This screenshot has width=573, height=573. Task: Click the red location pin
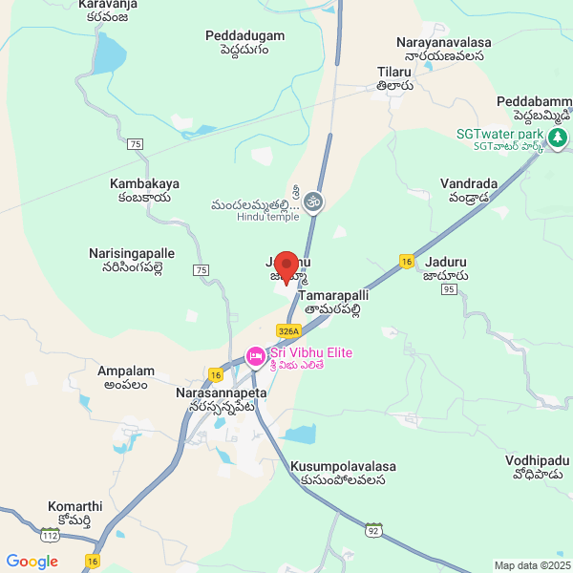pyautogui.click(x=286, y=265)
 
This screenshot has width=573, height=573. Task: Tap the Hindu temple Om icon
pyautogui.click(x=315, y=202)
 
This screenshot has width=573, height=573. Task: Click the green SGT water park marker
pyautogui.click(x=557, y=139)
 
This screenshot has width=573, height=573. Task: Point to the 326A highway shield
pyautogui.click(x=288, y=330)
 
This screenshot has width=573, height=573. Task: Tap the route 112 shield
pyautogui.click(x=51, y=537)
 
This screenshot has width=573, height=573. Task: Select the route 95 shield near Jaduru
pyautogui.click(x=450, y=290)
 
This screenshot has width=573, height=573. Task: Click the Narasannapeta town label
pyautogui.click(x=222, y=393)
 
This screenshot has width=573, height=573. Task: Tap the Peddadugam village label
pyautogui.click(x=244, y=36)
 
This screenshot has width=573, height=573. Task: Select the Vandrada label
pyautogui.click(x=470, y=182)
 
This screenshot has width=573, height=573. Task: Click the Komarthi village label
pyautogui.click(x=75, y=506)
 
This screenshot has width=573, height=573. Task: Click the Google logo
pyautogui.click(x=32, y=562)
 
